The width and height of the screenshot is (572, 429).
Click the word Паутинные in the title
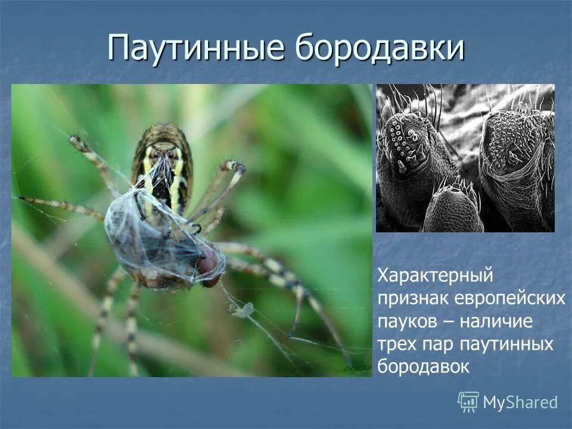point(197,48)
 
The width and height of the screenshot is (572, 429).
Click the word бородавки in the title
point(379,48)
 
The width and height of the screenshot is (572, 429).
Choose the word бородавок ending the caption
point(424,367)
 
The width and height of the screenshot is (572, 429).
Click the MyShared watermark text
point(520,403)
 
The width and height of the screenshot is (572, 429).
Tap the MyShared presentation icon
point(468,402)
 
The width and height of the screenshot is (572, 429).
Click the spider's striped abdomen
point(162,161)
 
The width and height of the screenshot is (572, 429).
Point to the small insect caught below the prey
point(242,310)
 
